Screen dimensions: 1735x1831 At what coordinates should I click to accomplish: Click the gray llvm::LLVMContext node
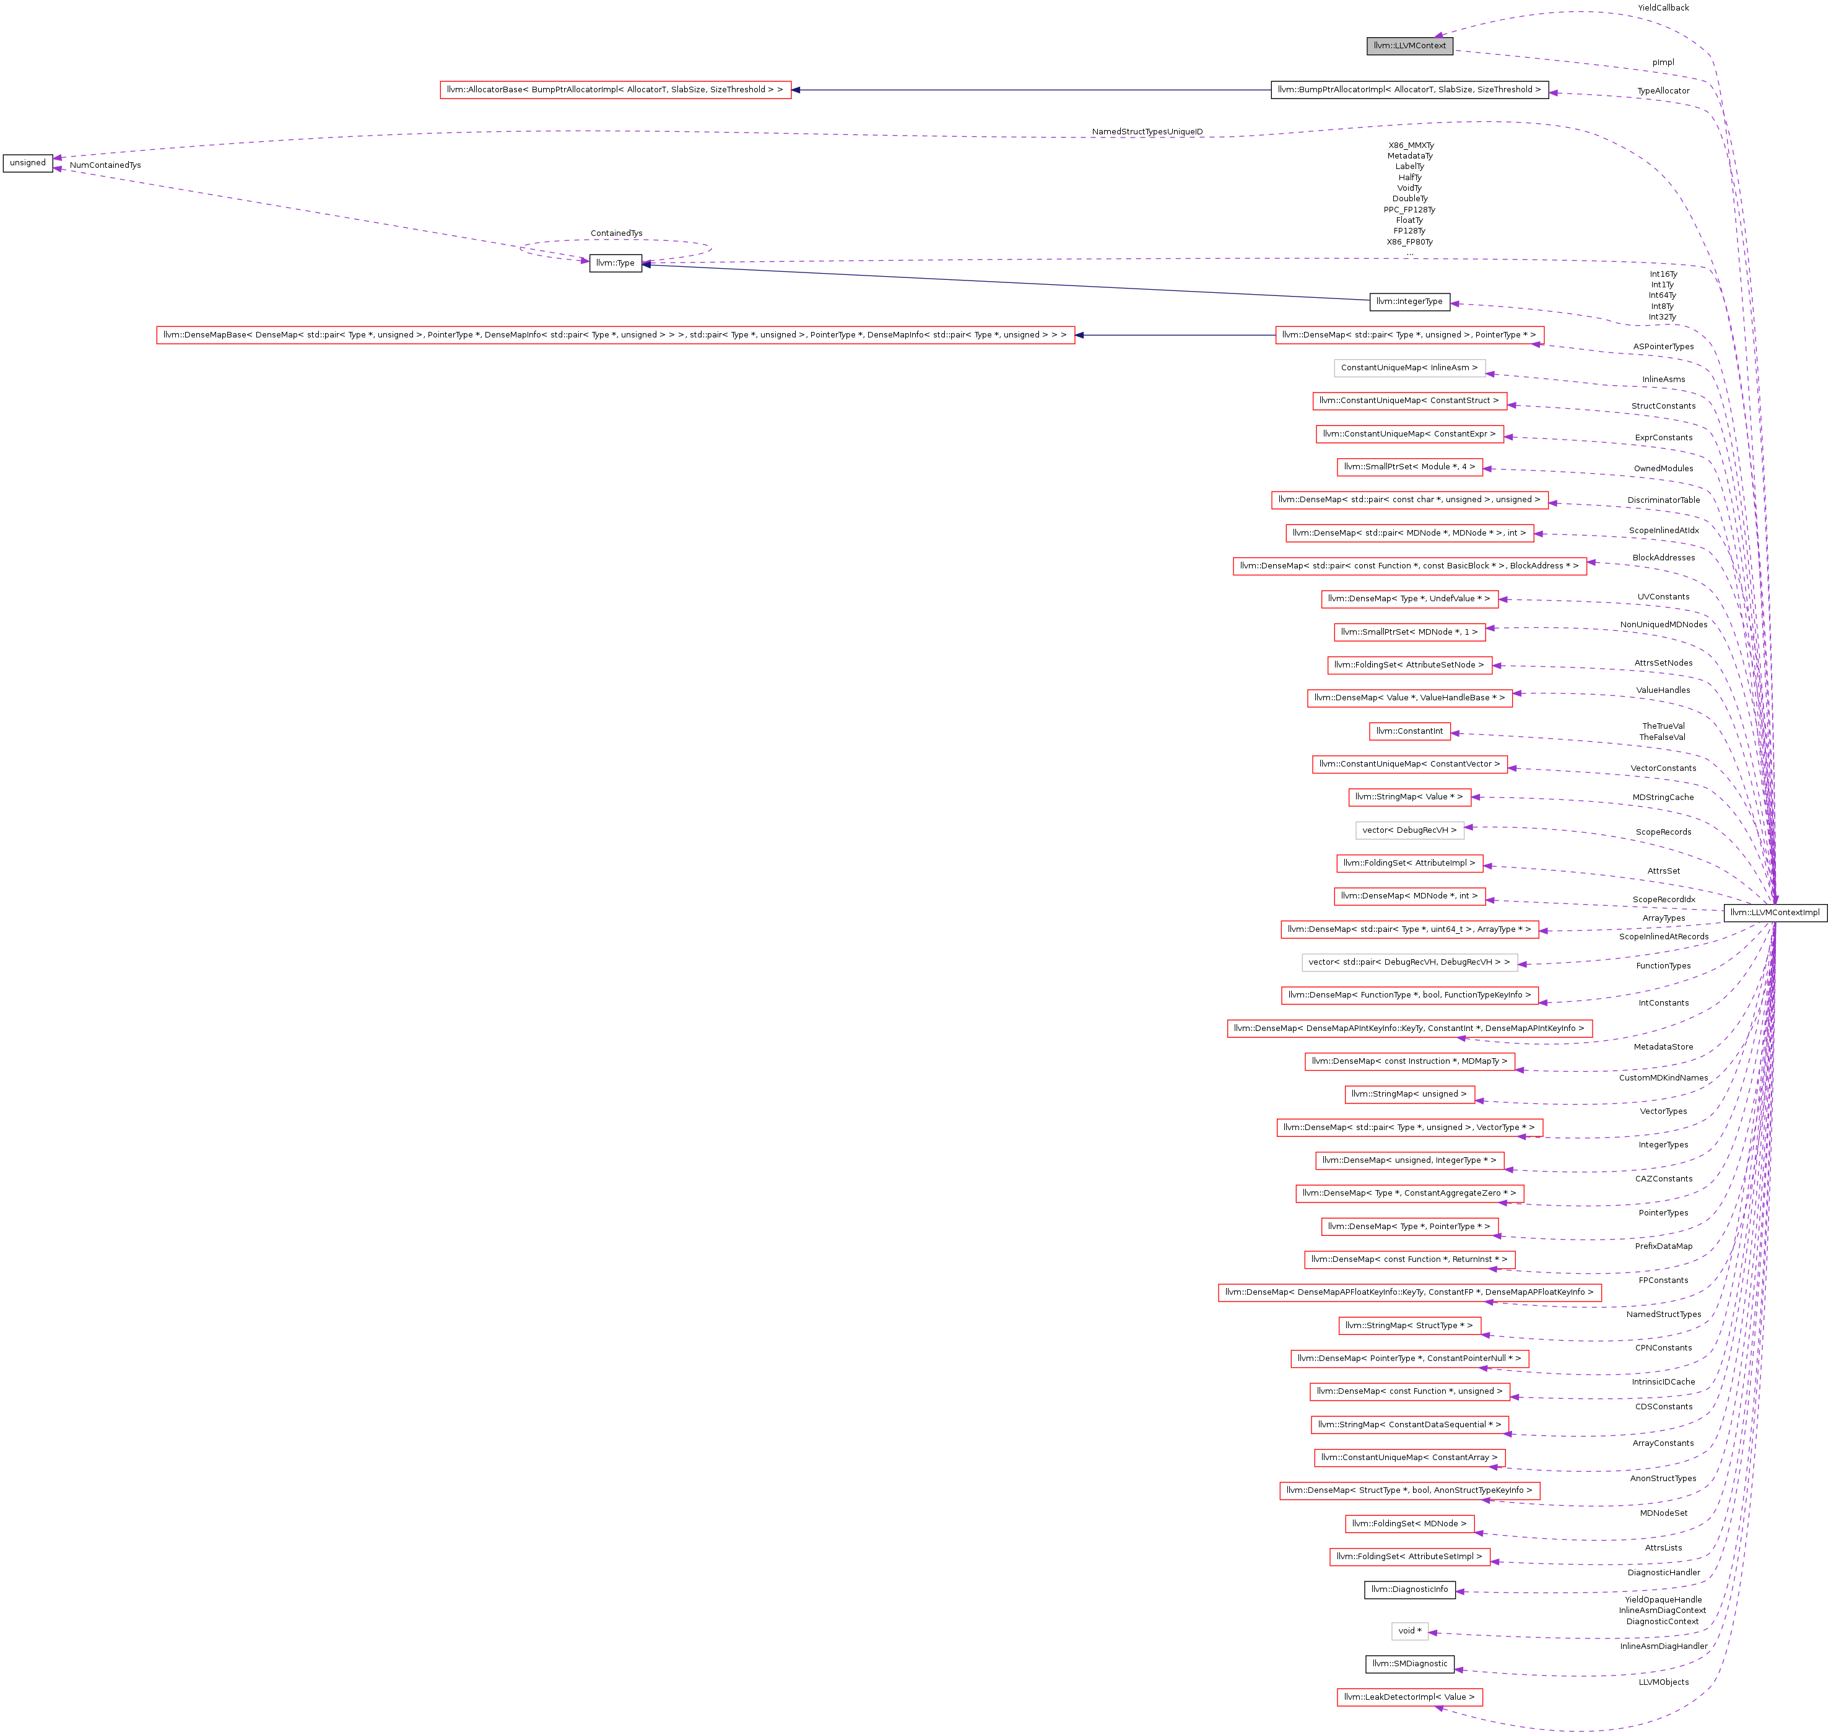point(1409,45)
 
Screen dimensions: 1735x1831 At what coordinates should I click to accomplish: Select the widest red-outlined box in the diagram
point(615,335)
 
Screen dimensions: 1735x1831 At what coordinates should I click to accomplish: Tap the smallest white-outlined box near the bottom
point(1409,1632)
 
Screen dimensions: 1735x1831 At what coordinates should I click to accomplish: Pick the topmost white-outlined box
point(1409,368)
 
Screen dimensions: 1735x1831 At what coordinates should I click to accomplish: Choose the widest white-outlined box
point(1409,963)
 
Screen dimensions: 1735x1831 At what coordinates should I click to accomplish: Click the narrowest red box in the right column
point(1409,731)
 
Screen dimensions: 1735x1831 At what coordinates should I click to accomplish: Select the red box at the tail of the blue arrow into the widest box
point(1409,335)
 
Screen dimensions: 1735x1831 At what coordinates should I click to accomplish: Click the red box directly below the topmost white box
point(1409,401)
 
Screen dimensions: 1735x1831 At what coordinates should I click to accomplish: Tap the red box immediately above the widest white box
point(1409,929)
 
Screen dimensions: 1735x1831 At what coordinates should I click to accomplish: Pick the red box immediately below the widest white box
point(1409,995)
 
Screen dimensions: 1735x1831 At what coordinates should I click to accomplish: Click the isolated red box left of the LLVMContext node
point(615,90)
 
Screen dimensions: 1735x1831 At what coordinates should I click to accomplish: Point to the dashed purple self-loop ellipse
point(615,242)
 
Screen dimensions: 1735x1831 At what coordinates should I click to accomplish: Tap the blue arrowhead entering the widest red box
point(1080,335)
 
